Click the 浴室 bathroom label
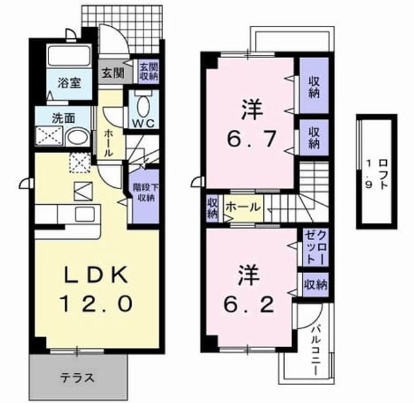click(69, 83)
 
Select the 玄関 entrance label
click(113, 73)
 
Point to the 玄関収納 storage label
click(149, 72)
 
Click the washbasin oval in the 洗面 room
click(78, 137)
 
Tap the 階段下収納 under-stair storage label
click(146, 192)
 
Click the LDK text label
click(96, 275)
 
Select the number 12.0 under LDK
click(96, 304)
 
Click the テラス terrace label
click(78, 378)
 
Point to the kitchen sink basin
click(85, 214)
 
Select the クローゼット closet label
click(316, 248)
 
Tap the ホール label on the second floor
click(243, 207)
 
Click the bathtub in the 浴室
click(69, 56)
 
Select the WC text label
click(143, 123)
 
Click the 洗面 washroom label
click(63, 118)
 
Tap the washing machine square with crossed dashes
click(49, 136)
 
